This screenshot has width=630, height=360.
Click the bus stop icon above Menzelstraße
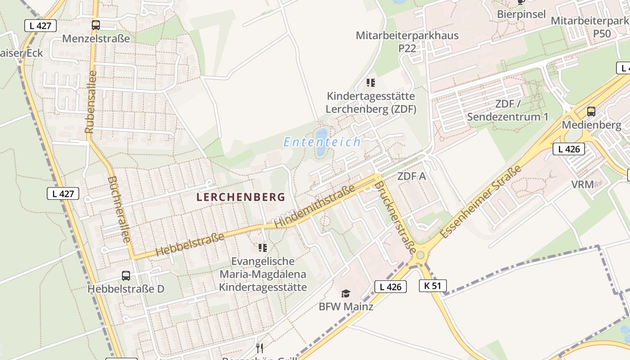pyautogui.click(x=95, y=25)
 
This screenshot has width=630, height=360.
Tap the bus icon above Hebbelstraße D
pyautogui.click(x=126, y=276)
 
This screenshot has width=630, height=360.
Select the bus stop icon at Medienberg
pyautogui.click(x=591, y=112)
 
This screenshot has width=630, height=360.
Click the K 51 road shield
pyautogui.click(x=433, y=285)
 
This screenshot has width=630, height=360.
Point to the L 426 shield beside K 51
pyautogui.click(x=390, y=287)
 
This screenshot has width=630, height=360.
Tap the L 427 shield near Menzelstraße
pyautogui.click(x=40, y=26)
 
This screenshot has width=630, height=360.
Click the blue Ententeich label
pyautogui.click(x=322, y=142)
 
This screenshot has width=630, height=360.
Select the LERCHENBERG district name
pyautogui.click(x=241, y=197)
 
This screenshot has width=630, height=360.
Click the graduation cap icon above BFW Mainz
pyautogui.click(x=346, y=294)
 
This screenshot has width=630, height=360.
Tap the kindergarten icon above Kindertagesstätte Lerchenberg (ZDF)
pyautogui.click(x=370, y=82)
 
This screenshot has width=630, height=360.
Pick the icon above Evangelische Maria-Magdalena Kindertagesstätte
pyautogui.click(x=263, y=247)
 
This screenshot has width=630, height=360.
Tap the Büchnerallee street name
pyautogui.click(x=119, y=209)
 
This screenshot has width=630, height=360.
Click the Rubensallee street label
pyautogui.click(x=91, y=102)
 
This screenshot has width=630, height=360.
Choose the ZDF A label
pyautogui.click(x=411, y=176)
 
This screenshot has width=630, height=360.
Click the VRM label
pyautogui.click(x=583, y=184)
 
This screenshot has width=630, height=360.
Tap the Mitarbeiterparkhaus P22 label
pyautogui.click(x=407, y=41)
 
